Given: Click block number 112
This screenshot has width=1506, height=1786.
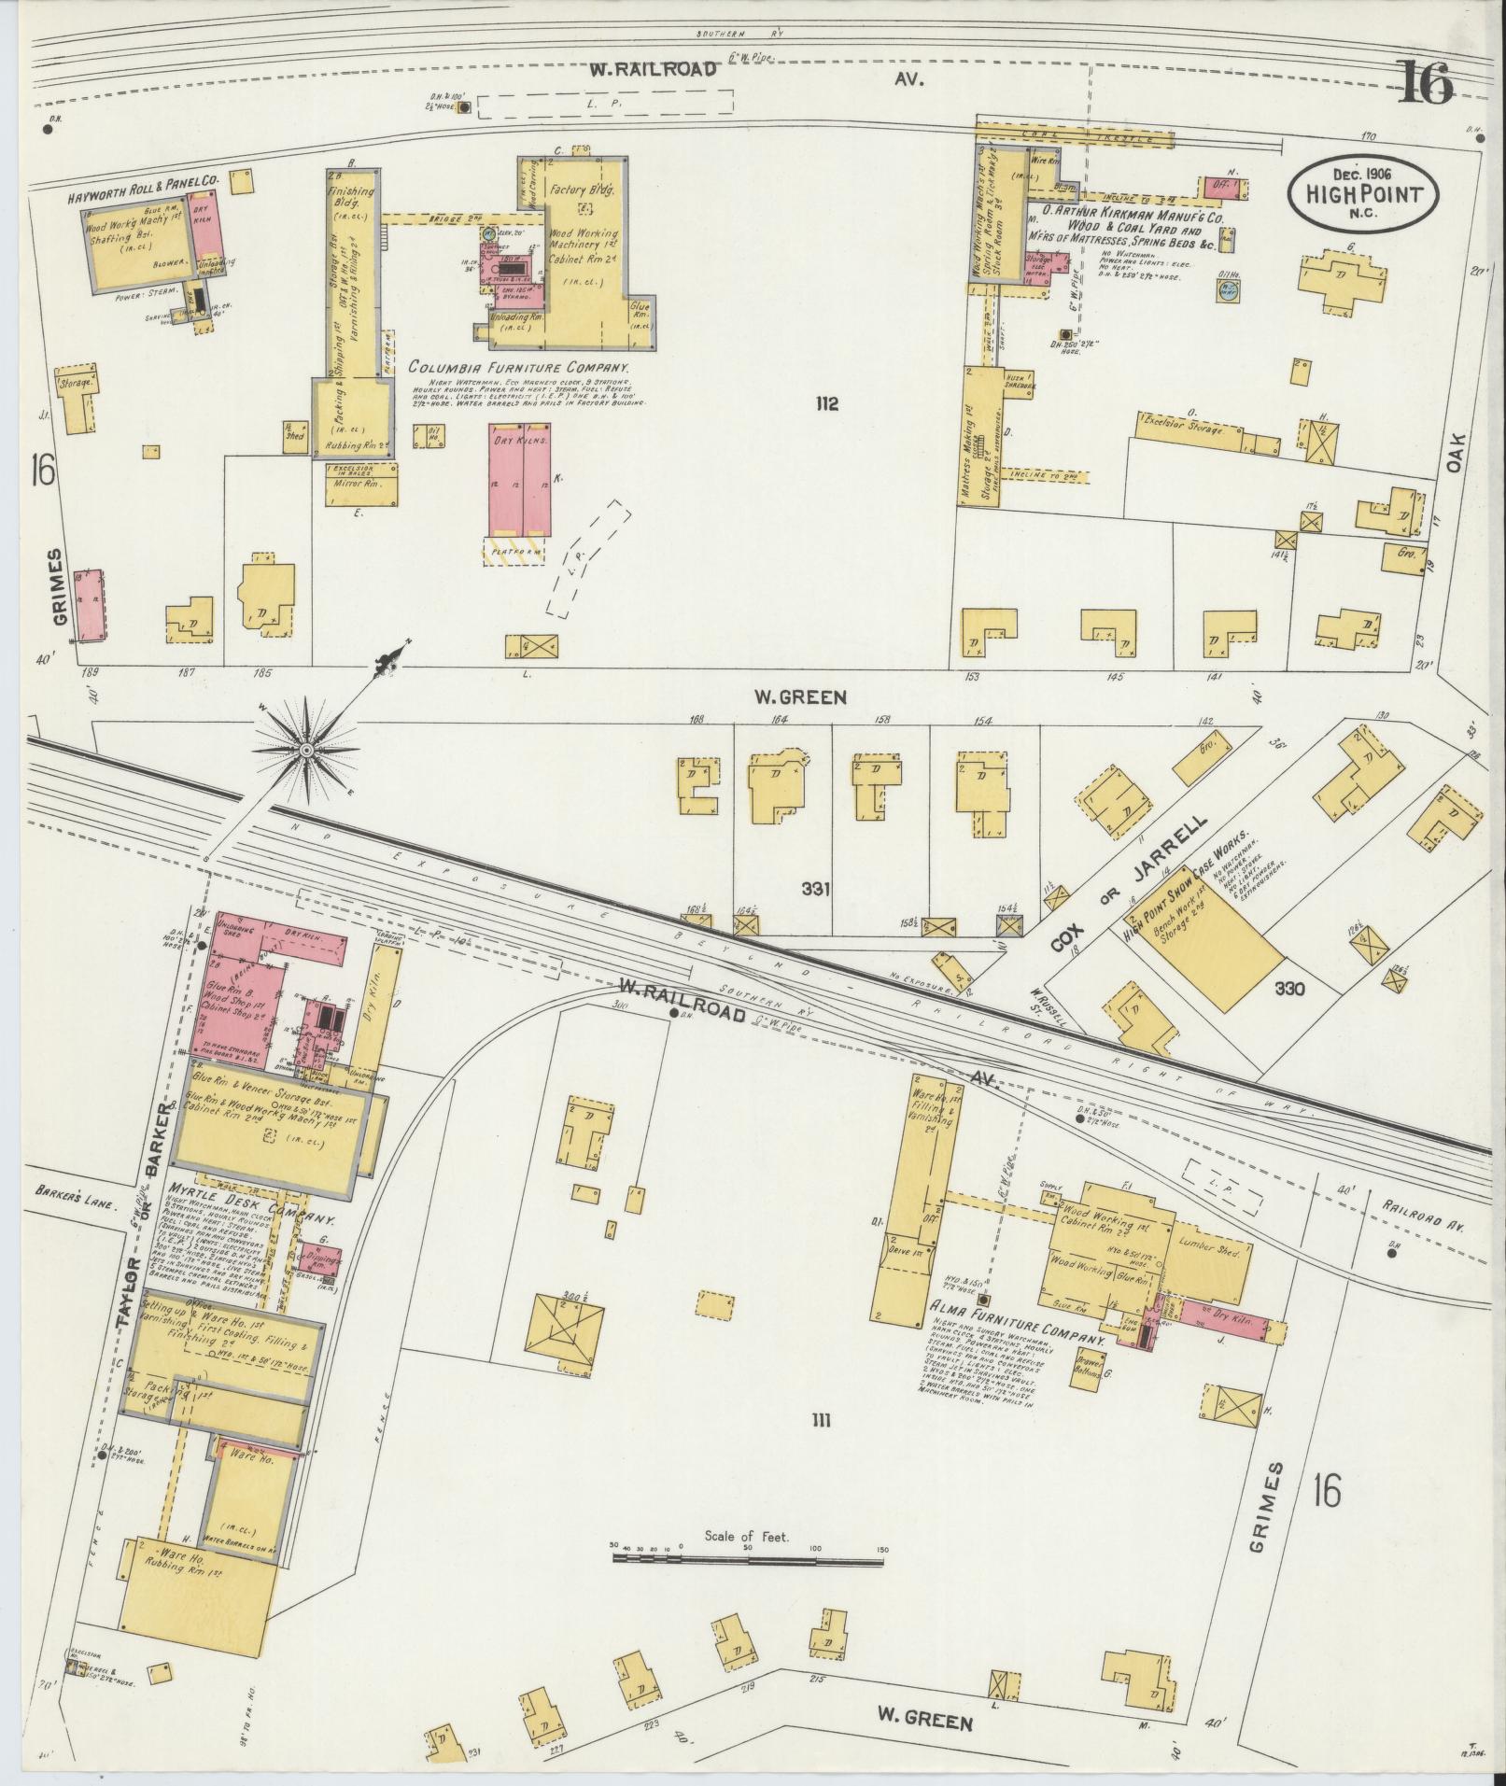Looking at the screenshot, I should pyautogui.click(x=826, y=404).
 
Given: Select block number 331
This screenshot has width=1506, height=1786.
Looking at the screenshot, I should pyautogui.click(x=815, y=890).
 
